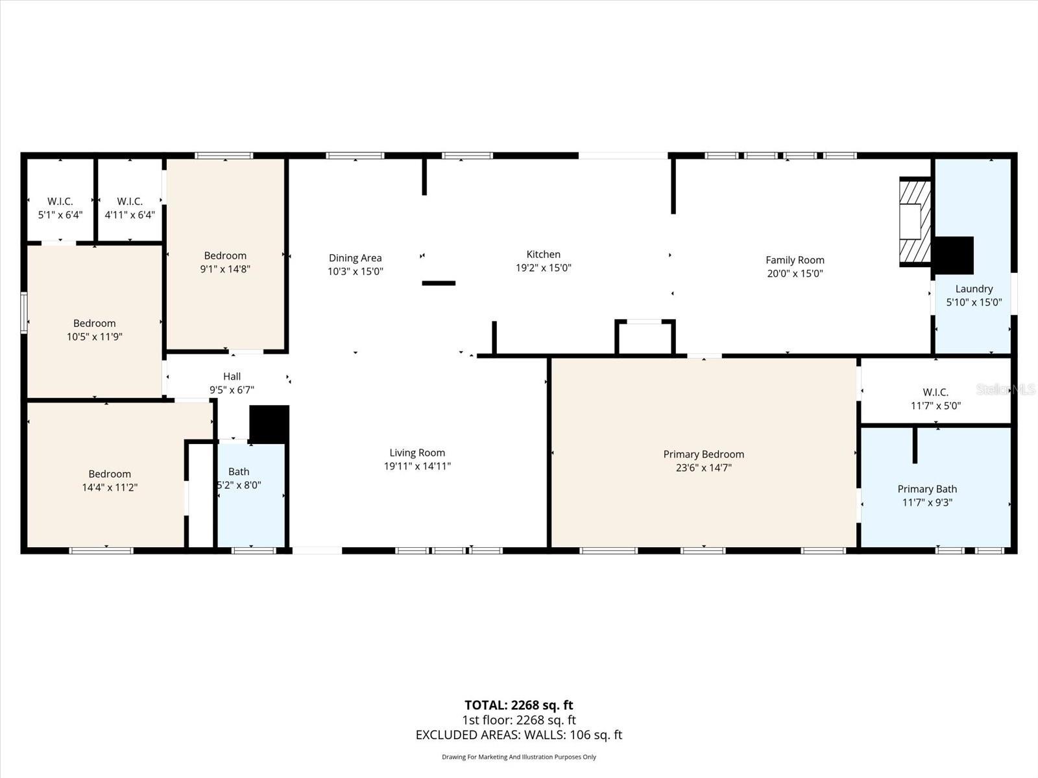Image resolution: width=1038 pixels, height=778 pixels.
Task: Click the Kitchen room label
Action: click(544, 254)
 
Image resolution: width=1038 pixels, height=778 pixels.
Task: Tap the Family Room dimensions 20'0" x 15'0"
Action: click(795, 274)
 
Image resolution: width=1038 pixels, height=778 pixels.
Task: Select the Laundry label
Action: click(974, 289)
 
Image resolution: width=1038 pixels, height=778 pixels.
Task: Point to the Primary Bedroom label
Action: click(704, 454)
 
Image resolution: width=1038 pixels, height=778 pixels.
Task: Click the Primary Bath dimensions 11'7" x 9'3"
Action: click(927, 502)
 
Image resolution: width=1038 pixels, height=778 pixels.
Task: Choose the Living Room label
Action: click(417, 453)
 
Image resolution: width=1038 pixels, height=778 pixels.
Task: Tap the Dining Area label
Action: click(355, 258)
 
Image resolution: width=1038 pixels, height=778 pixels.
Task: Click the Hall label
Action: click(232, 376)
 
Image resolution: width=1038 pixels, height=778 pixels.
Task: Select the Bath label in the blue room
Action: click(239, 471)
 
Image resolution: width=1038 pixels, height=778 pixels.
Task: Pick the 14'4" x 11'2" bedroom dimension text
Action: click(110, 487)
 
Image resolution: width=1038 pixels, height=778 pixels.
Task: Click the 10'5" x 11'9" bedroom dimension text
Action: click(95, 336)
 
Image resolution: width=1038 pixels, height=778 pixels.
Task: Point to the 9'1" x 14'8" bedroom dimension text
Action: click(225, 269)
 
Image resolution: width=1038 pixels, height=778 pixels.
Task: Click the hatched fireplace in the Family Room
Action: click(915, 222)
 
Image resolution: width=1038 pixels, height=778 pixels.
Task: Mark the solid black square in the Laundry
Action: click(954, 255)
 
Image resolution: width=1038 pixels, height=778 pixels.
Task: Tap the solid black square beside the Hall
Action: click(269, 424)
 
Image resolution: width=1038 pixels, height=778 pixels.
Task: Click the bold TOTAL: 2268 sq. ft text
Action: click(519, 705)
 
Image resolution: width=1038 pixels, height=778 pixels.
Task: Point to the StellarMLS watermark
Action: click(1006, 390)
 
